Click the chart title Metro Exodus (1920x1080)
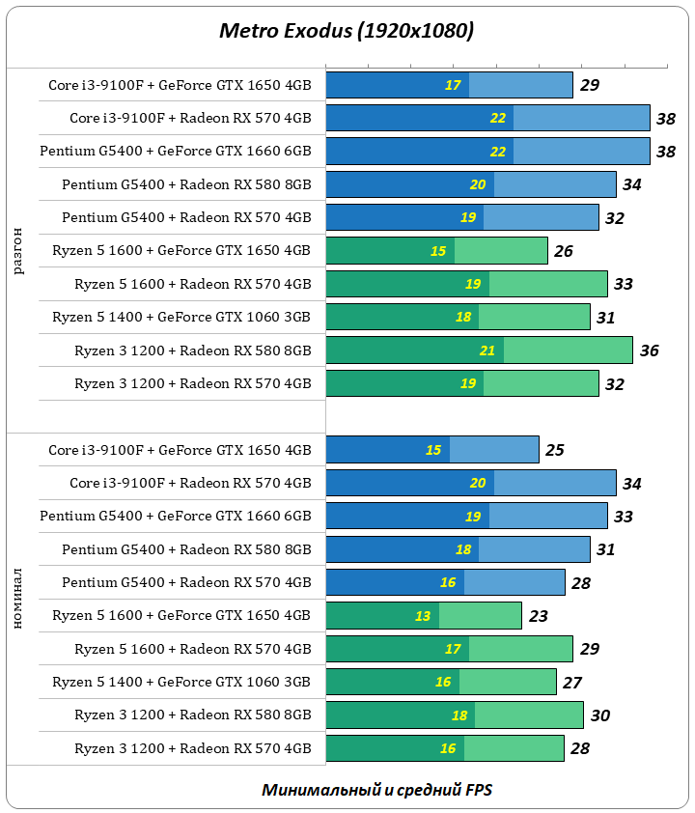click(x=347, y=32)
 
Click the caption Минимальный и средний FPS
click(x=376, y=789)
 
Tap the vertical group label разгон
click(x=19, y=251)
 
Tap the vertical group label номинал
click(x=19, y=600)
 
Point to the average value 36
click(x=649, y=350)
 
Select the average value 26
click(x=564, y=251)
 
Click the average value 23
click(x=539, y=616)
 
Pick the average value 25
click(x=554, y=450)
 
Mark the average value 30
click(x=599, y=715)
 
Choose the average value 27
click(x=572, y=683)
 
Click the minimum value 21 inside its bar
click(x=487, y=350)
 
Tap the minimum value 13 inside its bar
click(x=423, y=616)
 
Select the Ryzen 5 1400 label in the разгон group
click(x=181, y=317)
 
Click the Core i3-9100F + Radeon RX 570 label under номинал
click(x=190, y=483)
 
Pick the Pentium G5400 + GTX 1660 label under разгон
click(x=176, y=152)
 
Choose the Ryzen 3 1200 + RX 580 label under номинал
click(x=193, y=715)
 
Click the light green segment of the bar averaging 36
click(x=568, y=350)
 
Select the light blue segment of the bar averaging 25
click(x=494, y=450)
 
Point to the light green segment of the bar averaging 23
click(x=480, y=616)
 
